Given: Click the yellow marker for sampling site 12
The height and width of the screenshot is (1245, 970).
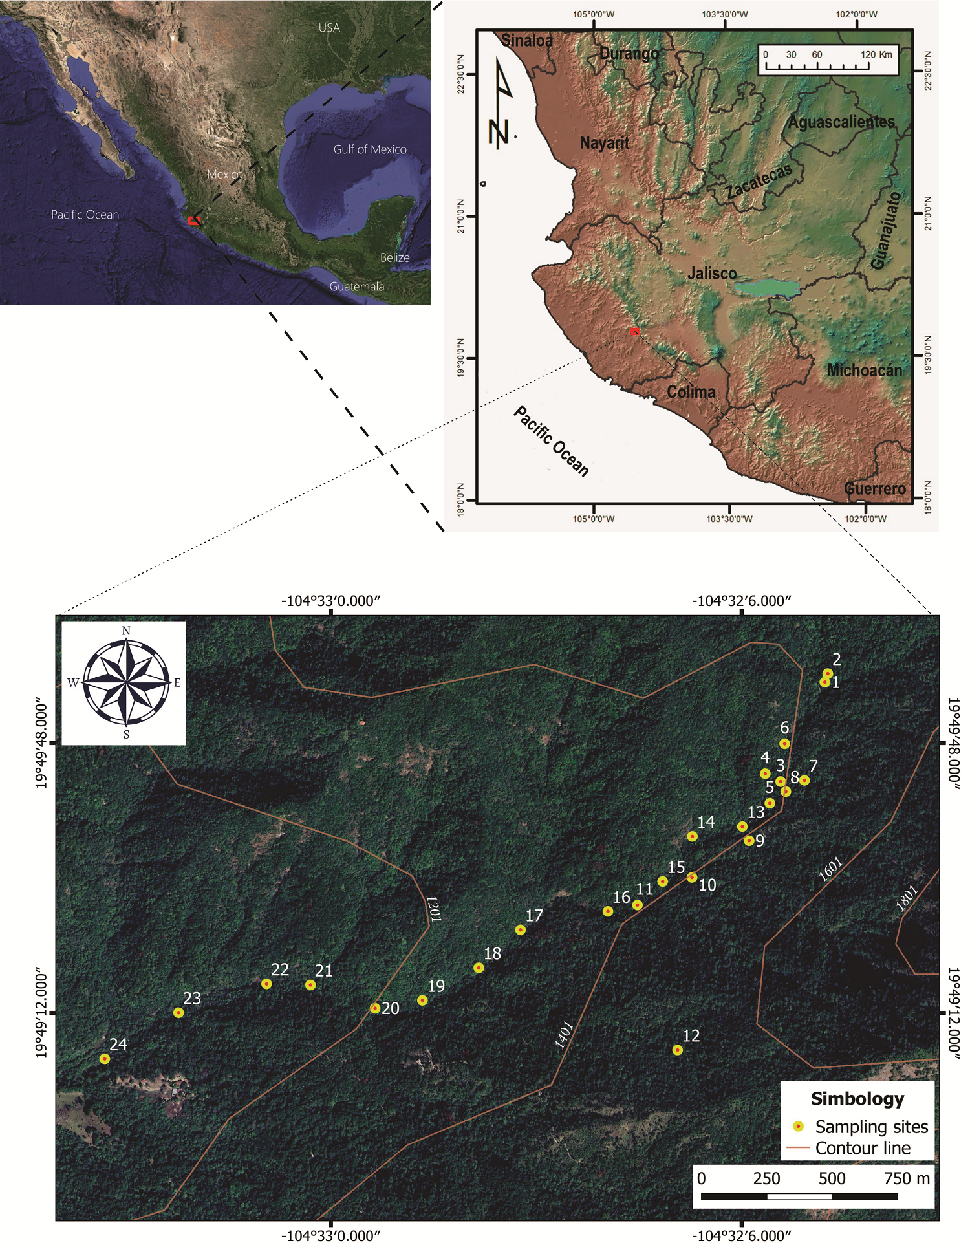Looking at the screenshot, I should click(677, 1050).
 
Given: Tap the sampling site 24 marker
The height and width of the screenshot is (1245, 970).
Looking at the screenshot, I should click(105, 1059).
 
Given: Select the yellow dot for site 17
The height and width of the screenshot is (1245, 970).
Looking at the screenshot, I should click(521, 930).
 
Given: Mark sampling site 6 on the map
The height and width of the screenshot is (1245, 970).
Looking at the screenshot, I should click(784, 744).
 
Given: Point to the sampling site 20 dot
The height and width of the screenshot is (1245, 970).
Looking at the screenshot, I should click(375, 1008).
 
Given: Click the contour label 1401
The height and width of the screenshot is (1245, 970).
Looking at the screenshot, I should click(564, 1034).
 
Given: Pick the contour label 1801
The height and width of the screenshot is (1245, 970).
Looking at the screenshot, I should click(907, 898).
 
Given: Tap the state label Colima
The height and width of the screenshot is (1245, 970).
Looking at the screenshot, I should click(691, 392).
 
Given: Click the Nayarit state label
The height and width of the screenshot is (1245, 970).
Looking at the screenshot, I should click(604, 142).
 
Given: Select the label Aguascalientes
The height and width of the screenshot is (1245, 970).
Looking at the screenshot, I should click(841, 122).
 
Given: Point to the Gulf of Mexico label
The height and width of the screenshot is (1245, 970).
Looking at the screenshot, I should click(370, 149).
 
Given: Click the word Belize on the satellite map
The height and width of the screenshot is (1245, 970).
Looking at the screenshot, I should click(394, 257).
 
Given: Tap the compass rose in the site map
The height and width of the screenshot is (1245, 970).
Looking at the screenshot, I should click(125, 682).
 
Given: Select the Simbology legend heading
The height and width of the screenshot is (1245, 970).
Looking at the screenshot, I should click(857, 1099).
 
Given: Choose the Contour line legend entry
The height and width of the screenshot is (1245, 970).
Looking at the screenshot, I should click(863, 1148).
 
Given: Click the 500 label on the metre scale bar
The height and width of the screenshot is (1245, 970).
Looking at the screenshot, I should click(832, 1178).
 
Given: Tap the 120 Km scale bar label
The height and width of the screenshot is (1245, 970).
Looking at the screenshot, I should click(876, 54).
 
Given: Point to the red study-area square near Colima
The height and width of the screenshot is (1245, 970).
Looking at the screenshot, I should click(634, 331).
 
